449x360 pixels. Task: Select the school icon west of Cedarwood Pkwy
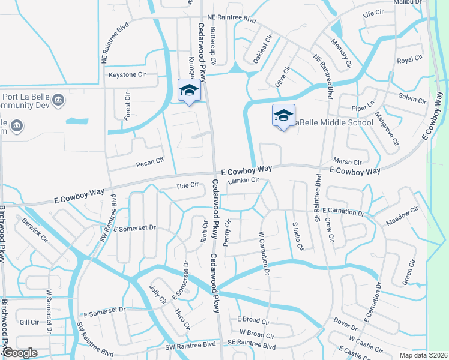(x=189, y=91)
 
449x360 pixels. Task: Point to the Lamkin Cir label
(x=244, y=180)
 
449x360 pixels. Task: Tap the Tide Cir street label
(x=187, y=185)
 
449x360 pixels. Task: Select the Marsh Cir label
(x=348, y=162)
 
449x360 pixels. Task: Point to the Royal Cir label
(x=410, y=59)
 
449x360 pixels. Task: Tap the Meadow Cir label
(x=402, y=216)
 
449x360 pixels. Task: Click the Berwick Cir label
(x=35, y=229)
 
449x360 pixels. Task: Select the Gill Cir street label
(x=29, y=322)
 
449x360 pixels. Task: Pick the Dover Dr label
(x=345, y=324)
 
